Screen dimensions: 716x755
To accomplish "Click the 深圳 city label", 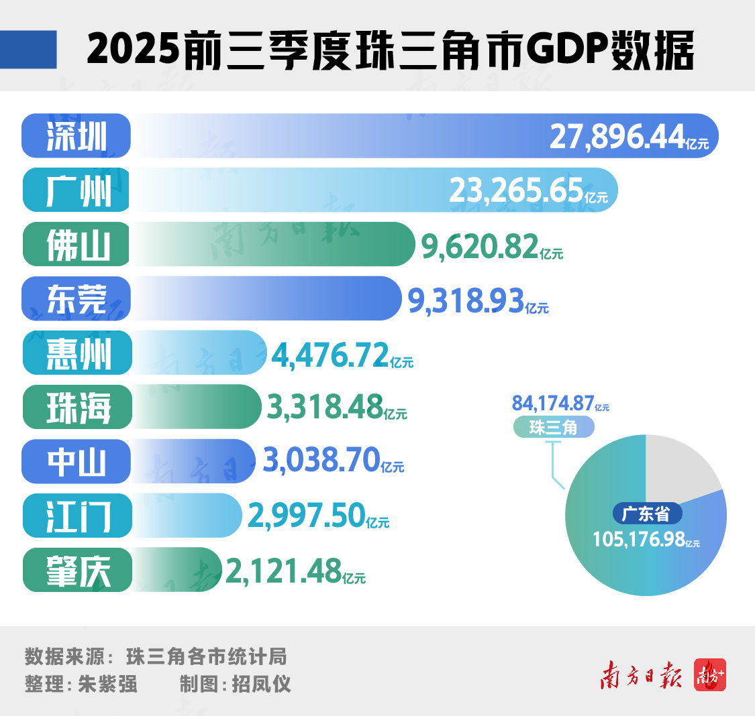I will tap(77, 136).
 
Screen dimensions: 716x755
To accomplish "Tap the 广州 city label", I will tap(77, 190).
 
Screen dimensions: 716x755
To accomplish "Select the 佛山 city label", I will tap(77, 245).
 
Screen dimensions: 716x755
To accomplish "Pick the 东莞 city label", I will tap(77, 299).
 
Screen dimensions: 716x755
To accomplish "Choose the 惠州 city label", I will tap(77, 353).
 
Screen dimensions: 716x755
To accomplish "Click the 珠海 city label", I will tap(77, 408).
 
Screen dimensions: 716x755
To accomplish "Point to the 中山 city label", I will tap(77, 462).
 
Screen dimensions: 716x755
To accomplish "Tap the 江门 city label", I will tap(77, 516).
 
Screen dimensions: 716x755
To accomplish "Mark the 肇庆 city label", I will tap(77, 571).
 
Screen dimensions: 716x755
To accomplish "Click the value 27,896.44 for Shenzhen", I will tap(617, 137).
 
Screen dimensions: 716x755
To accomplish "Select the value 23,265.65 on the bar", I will tap(516, 191).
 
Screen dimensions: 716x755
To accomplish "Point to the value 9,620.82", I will tap(481, 246).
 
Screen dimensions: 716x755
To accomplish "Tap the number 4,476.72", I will tap(330, 355).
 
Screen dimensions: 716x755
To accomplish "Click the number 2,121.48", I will tap(284, 571).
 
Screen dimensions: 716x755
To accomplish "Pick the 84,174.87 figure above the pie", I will tap(553, 403).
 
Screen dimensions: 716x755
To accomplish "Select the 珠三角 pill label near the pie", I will tap(554, 427).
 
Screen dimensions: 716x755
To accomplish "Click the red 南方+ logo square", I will tap(710, 676).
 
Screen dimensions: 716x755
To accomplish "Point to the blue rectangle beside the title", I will tap(28, 50).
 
